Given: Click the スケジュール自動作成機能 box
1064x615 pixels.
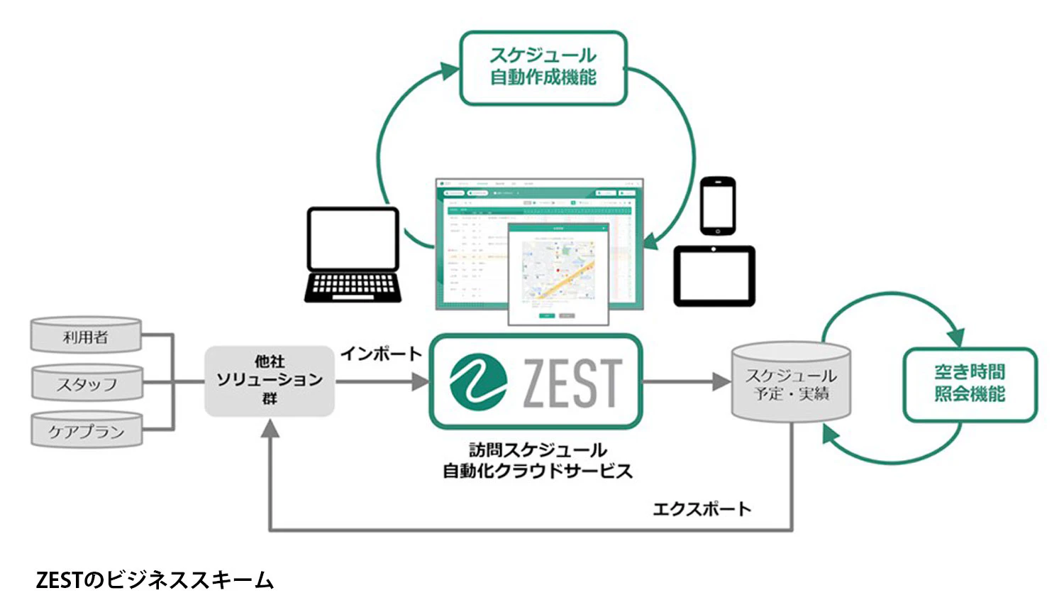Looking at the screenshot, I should click(543, 68).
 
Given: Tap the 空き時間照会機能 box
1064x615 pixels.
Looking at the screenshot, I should click(969, 384).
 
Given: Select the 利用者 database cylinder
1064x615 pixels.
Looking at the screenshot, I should click(86, 336).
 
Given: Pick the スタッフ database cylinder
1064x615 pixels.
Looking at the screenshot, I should click(87, 383).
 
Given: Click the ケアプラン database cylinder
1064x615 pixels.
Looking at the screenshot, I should click(87, 430).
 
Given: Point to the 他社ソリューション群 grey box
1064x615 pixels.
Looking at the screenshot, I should click(270, 381).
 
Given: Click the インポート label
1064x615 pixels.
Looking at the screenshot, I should click(381, 354).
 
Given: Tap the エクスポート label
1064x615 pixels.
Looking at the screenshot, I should click(701, 509).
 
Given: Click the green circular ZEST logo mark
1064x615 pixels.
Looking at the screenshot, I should click(478, 382).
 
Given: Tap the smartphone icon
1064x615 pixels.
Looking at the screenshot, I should click(717, 206).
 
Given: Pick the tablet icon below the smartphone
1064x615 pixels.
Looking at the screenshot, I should click(714, 276).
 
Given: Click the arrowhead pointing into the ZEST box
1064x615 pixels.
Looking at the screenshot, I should click(421, 381).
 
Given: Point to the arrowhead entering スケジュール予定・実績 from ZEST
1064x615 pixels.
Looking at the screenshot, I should click(722, 381).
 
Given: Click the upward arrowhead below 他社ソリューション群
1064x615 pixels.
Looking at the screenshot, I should click(270, 428).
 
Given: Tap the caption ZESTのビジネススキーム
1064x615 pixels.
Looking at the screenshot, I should click(154, 580).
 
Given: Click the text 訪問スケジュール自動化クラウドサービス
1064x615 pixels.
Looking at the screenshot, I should click(537, 460).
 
